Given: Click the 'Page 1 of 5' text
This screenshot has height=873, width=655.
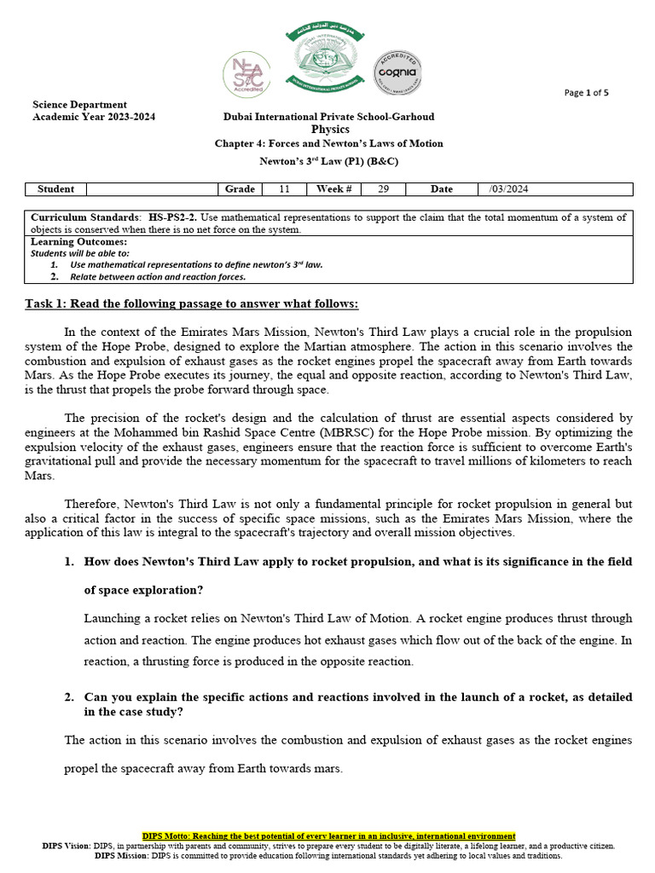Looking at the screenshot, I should click(587, 93).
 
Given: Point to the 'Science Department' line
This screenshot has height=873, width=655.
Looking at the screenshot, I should click(79, 105).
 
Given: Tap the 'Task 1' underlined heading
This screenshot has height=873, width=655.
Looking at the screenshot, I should click(191, 304).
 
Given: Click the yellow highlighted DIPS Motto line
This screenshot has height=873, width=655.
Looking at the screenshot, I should click(328, 836).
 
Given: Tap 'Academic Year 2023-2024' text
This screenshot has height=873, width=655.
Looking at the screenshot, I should click(94, 117).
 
